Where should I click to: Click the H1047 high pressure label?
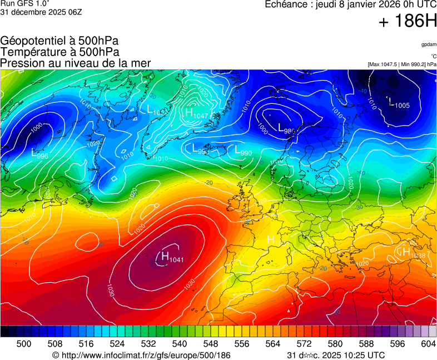click(x=196, y=114)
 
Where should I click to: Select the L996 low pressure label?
click(x=39, y=154)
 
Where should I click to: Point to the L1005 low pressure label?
click(x=399, y=103)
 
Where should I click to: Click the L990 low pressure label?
click(x=243, y=151)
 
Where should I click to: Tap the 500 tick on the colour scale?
click(x=24, y=344)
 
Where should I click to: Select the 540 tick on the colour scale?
click(x=180, y=344)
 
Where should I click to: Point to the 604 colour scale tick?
click(x=428, y=344)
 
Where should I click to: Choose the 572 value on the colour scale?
click(x=304, y=344)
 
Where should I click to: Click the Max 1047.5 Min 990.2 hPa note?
click(x=402, y=64)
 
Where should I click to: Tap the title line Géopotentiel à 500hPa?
click(x=59, y=41)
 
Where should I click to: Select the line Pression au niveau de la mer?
click(x=76, y=63)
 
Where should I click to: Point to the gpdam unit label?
click(x=428, y=44)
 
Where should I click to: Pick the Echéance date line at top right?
click(x=350, y=4)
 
